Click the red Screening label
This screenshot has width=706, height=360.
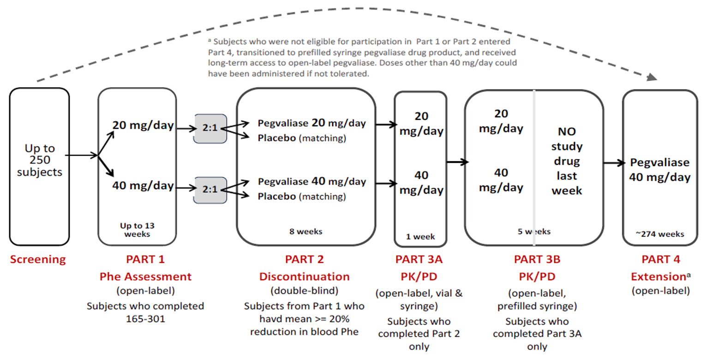coord(38,260)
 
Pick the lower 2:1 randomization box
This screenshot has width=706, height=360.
coord(210,190)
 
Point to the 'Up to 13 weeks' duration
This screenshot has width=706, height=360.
coord(137,229)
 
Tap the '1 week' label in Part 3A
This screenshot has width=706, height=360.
coord(420,237)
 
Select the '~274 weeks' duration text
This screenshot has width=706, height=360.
coord(660,234)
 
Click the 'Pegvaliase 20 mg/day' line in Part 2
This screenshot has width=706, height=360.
coord(311,124)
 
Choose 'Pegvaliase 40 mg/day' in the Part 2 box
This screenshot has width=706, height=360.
coord(311,181)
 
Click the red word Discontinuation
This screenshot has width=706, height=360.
coord(304,276)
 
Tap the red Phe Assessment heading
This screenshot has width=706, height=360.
coord(145,276)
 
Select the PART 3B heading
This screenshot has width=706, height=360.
coord(537,260)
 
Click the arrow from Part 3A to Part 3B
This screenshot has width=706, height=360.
coord(457,162)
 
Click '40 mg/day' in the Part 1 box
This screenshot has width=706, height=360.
coord(143,186)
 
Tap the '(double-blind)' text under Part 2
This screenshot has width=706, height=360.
coord(304,291)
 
